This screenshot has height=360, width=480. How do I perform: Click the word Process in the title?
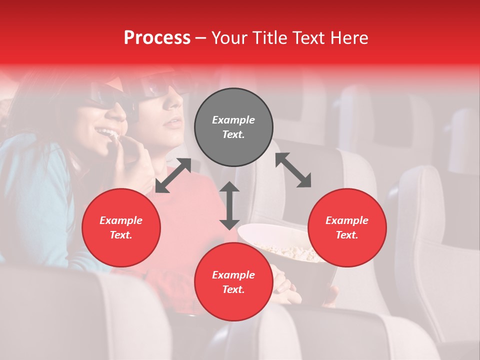point(157,38)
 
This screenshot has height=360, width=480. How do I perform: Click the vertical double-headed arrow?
point(229,205)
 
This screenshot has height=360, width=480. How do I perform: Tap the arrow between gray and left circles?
point(173,175)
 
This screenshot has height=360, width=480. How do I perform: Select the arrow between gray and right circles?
point(293,170)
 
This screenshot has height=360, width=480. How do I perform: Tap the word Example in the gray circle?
point(233,120)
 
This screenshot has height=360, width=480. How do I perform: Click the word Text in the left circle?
point(121,235)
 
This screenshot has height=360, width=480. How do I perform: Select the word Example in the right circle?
point(347,220)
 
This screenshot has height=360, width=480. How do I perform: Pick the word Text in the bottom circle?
point(233,289)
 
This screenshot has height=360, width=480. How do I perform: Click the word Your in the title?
point(228,38)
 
